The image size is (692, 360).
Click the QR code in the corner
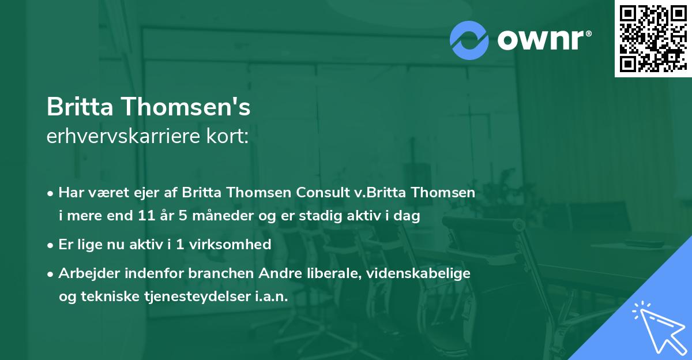tap(653, 38)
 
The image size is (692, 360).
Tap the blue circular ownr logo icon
tap(469, 40)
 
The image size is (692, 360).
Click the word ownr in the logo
tap(540, 40)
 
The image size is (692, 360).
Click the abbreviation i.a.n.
tap(270, 297)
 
